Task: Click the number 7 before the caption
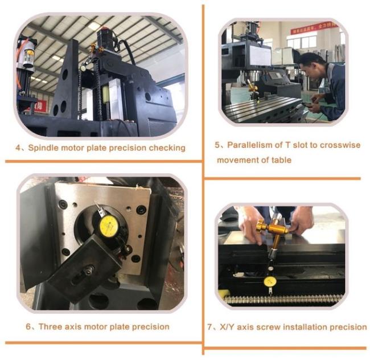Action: [x=210, y=327]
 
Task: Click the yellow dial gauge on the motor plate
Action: [x=109, y=224]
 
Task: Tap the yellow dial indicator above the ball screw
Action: [x=270, y=281]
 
